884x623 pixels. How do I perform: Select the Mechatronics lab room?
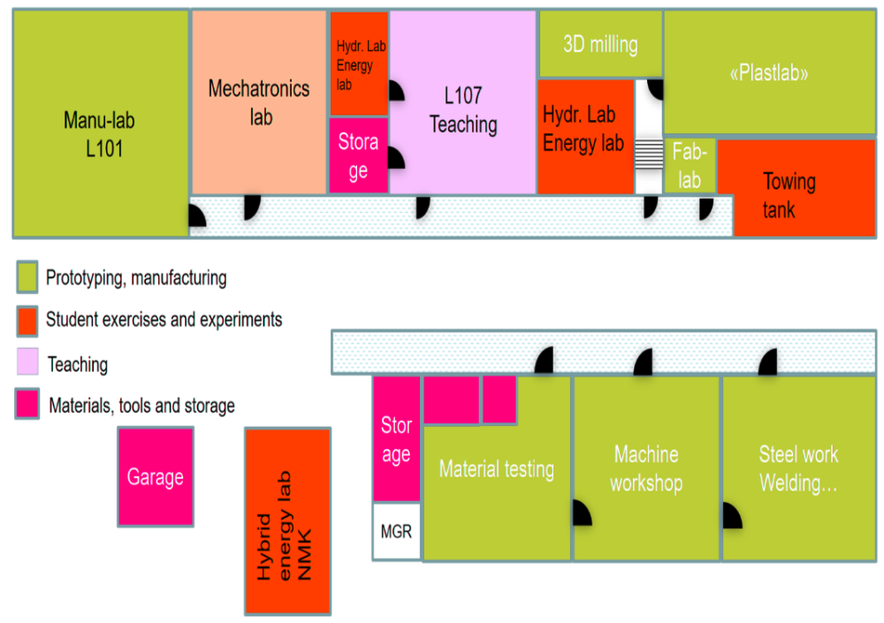click(260, 102)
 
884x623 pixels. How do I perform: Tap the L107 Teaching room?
click(463, 110)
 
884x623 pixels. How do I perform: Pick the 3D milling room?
click(600, 44)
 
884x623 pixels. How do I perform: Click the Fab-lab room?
click(690, 165)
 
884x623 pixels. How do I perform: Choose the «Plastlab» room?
click(769, 73)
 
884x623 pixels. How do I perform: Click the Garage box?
click(156, 477)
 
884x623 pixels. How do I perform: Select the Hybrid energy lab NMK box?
click(287, 521)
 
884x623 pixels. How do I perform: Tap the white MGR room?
click(396, 532)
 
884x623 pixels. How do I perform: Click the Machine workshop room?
click(646, 468)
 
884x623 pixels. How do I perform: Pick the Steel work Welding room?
click(798, 468)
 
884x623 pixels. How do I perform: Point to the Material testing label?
click(497, 469)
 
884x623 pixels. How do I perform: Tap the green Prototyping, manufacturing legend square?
click(27, 277)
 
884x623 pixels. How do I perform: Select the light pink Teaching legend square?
click(27, 363)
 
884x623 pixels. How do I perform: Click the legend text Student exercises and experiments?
click(164, 319)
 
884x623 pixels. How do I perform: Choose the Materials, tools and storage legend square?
click(27, 406)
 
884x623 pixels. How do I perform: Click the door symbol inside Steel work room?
click(732, 516)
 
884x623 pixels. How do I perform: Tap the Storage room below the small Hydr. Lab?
click(358, 156)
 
